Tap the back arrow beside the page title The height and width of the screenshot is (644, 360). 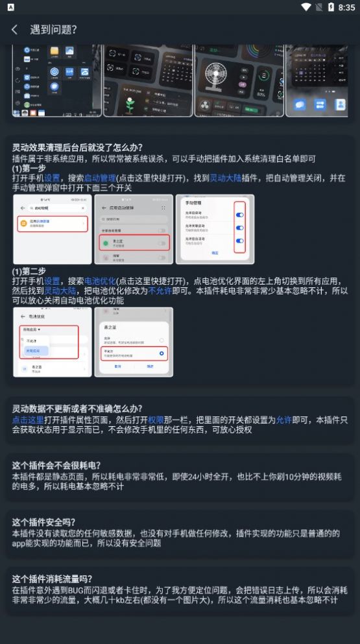[x=14, y=30]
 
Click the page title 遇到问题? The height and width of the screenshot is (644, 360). [x=54, y=30]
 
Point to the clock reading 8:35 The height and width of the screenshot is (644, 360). [x=346, y=7]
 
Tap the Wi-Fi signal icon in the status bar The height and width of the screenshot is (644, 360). [x=307, y=7]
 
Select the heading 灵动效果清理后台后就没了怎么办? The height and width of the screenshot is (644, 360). [x=78, y=147]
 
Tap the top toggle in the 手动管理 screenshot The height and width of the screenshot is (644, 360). [x=239, y=215]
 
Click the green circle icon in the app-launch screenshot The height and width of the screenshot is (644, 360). [x=104, y=243]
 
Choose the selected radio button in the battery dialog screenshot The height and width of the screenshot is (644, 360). [x=162, y=353]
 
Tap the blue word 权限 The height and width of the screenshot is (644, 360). [x=156, y=420]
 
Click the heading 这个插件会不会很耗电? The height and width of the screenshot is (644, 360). [x=57, y=466]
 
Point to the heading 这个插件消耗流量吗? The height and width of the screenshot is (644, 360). [x=53, y=579]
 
